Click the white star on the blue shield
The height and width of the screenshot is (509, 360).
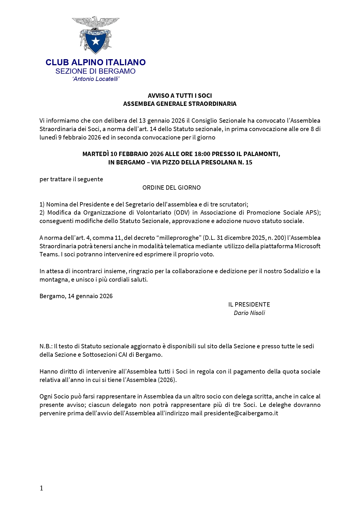(95, 41)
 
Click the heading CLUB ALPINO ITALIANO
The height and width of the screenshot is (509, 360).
(95, 62)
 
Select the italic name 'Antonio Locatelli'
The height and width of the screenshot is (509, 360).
(96, 79)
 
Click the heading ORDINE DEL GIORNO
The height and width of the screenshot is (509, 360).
(171, 188)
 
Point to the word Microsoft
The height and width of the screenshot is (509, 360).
(307, 246)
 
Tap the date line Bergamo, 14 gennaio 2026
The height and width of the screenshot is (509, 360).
(76, 296)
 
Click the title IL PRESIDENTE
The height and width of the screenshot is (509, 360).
(249, 305)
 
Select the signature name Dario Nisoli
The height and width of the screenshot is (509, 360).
(249, 313)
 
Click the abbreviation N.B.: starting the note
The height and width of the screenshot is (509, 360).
(46, 346)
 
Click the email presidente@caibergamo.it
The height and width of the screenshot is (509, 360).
(241, 413)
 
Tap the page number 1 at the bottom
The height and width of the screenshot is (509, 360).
(41, 488)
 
